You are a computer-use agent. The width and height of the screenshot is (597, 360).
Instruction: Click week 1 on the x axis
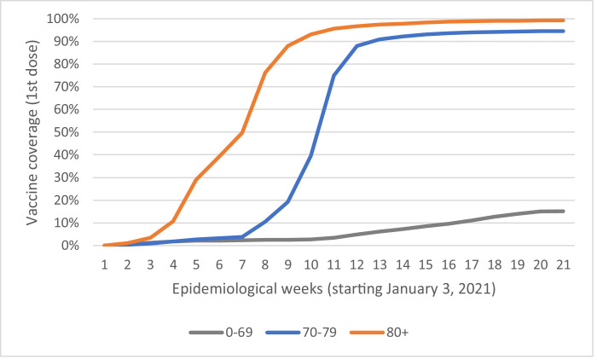(104, 265)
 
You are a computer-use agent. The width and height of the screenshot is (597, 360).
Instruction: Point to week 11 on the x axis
(333, 265)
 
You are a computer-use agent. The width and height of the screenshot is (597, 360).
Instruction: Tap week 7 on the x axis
(242, 265)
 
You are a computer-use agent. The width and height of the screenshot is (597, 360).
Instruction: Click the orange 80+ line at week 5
(196, 179)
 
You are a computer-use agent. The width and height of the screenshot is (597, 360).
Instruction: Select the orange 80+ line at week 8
(265, 72)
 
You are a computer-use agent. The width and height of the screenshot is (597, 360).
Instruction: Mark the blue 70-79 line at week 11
(333, 75)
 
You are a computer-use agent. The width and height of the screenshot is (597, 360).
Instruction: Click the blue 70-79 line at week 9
(288, 201)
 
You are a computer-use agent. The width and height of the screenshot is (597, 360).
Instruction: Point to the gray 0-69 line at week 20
(541, 212)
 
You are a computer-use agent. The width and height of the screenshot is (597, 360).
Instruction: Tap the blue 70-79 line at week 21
(564, 31)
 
